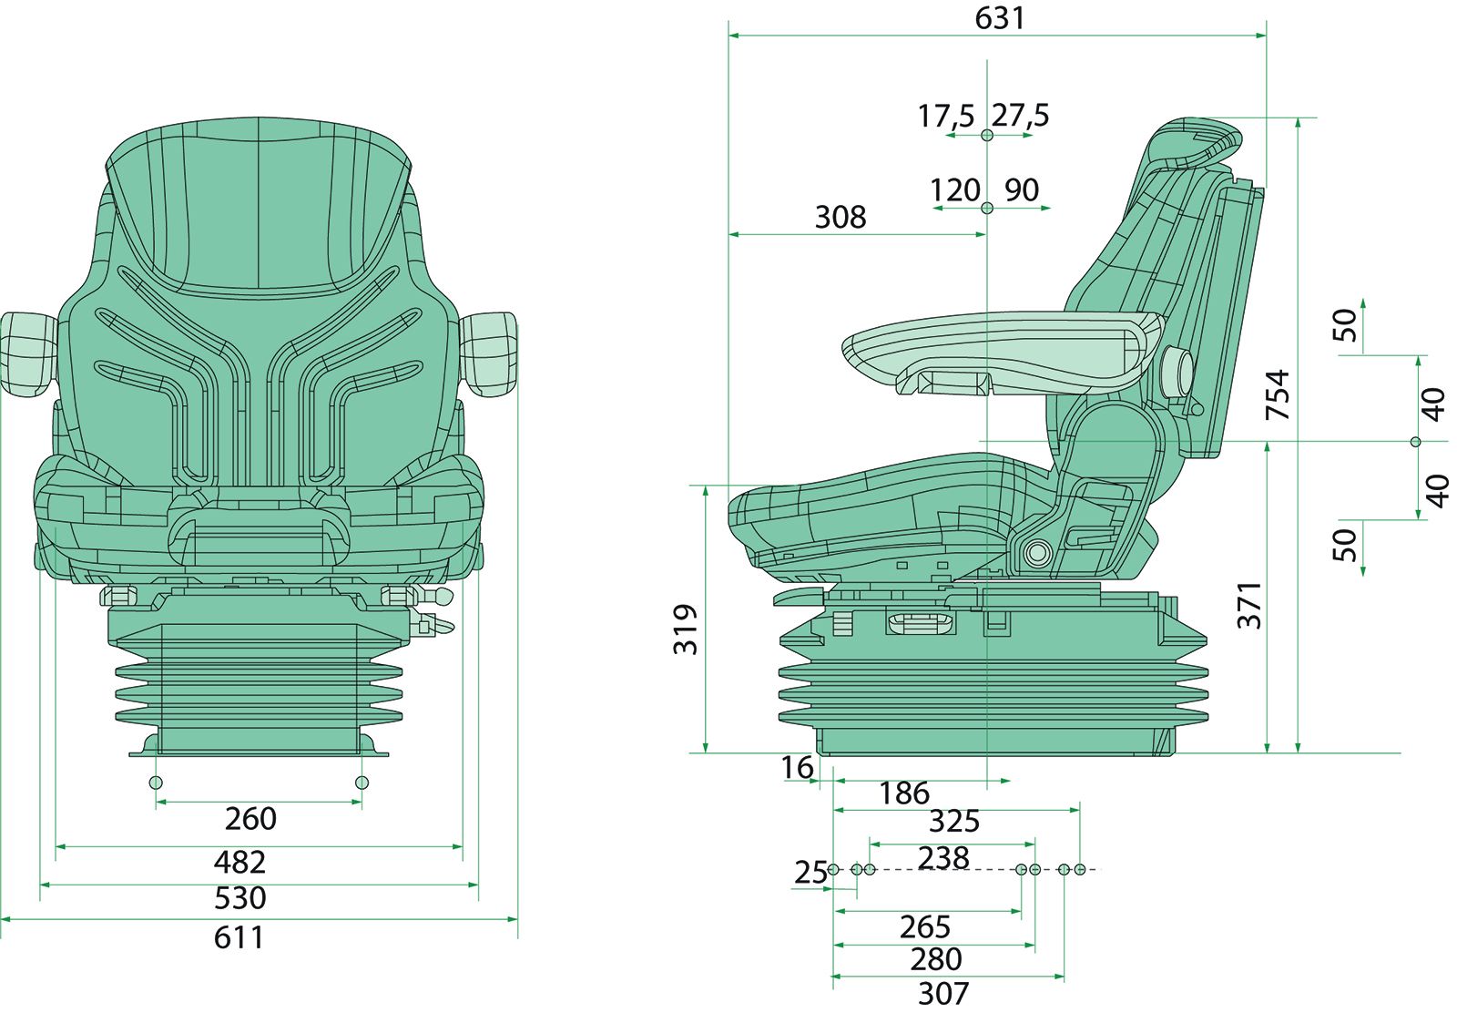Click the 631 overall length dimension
[x=999, y=18]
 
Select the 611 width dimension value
[x=239, y=937]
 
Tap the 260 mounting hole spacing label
[x=250, y=818]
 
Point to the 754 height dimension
[x=1279, y=394]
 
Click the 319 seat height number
[x=685, y=629]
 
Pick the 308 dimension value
[x=840, y=217]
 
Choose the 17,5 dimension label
[x=945, y=116]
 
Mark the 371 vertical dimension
[x=1249, y=605]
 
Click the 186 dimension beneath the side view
[x=903, y=793]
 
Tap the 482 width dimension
[x=239, y=861]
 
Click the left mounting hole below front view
[x=156, y=783]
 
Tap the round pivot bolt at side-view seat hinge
[x=1035, y=552]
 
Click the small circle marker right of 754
[x=1414, y=442]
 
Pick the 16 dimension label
[x=797, y=768]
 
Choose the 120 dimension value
[x=953, y=190]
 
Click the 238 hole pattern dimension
[x=943, y=857]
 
